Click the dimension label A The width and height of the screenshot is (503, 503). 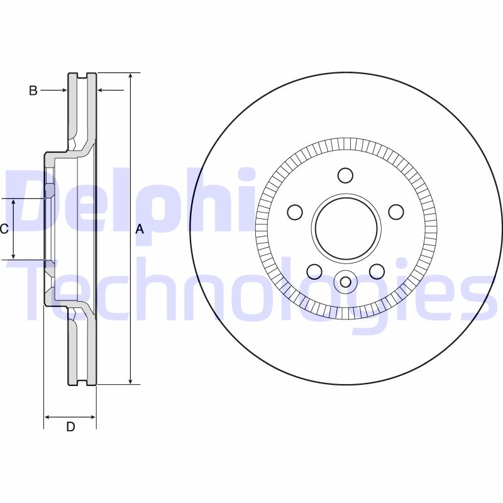pos(140,229)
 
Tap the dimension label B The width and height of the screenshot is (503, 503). pos(33,91)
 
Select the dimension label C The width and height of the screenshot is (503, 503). pos(4,229)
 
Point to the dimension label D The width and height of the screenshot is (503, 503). pos(70,427)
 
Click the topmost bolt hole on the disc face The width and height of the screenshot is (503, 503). pos(345,175)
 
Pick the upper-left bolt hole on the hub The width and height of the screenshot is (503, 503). pos(295,212)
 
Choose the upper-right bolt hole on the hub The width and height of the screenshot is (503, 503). pos(395,212)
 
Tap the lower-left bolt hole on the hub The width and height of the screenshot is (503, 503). pos(314,271)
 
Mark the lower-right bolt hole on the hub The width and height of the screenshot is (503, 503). pos(377,271)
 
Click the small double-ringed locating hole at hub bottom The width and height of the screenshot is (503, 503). pos(345,281)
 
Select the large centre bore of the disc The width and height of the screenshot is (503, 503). pos(345,228)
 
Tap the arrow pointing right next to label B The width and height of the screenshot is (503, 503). pos(64,91)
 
